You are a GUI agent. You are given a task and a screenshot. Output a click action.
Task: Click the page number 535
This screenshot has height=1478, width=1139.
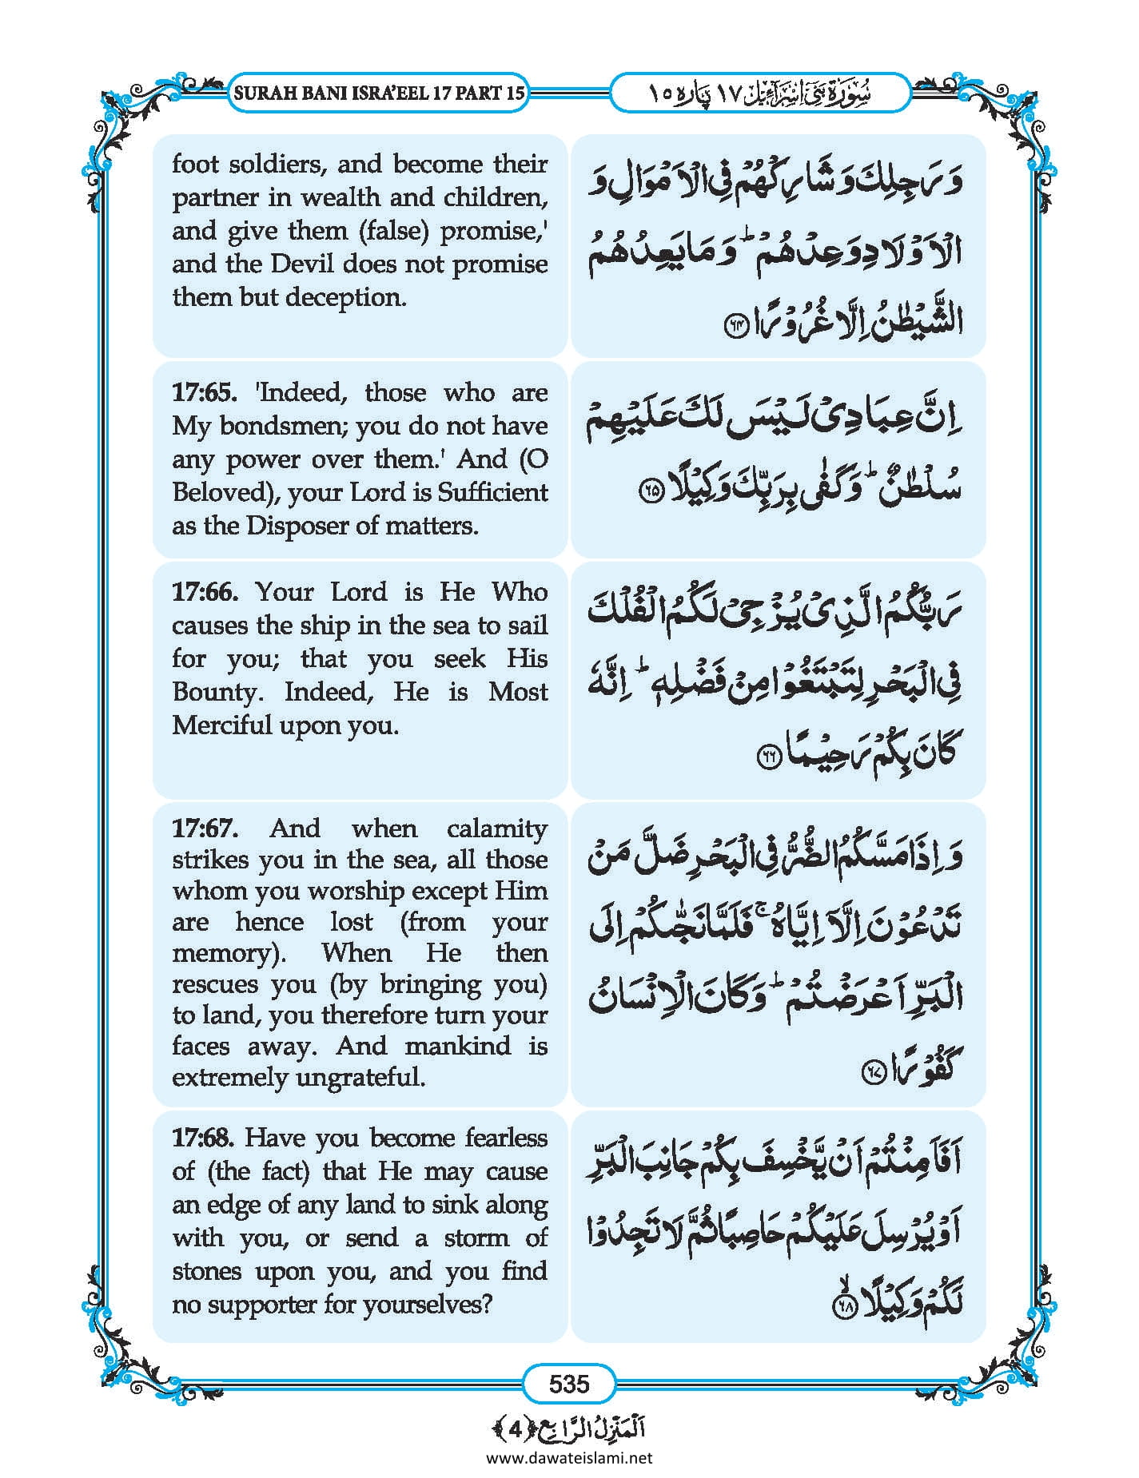(x=568, y=1383)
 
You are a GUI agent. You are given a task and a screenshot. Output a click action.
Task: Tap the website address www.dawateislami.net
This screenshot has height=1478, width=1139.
(x=569, y=1456)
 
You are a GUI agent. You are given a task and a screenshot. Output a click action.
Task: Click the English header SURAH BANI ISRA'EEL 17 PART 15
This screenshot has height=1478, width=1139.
(x=379, y=93)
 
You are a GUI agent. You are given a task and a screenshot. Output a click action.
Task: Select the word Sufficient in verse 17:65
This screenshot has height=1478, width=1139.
(x=492, y=492)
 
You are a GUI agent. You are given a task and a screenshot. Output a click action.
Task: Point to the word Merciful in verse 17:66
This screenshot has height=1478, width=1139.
(x=222, y=725)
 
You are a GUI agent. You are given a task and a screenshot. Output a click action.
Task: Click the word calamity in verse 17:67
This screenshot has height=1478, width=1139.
(x=497, y=828)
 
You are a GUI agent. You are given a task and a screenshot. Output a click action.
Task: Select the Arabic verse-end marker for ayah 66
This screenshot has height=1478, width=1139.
(x=768, y=758)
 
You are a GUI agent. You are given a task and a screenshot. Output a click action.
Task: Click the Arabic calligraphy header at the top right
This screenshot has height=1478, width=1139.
(x=760, y=93)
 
